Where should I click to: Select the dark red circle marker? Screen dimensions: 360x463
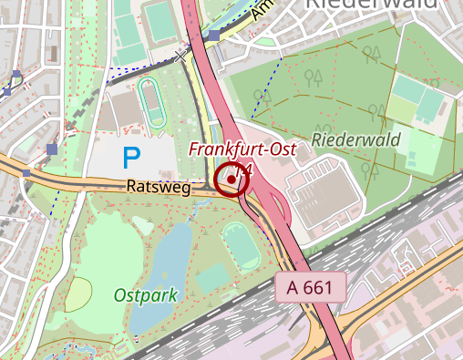[x=232, y=180]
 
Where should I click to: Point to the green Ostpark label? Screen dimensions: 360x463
[x=146, y=295]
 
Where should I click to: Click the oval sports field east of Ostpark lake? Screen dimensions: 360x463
[x=240, y=243]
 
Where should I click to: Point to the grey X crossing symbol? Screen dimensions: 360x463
[x=180, y=57]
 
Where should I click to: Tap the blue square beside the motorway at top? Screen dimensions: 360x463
[x=214, y=36]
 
